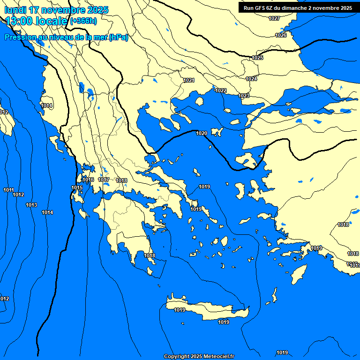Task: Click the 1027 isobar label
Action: [x=274, y=18]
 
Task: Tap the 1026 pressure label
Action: [x=281, y=35]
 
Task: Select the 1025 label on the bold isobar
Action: [x=257, y=58]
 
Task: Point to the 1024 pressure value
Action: [x=251, y=79]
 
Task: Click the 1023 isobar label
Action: [x=244, y=96]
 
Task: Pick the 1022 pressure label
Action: [x=221, y=90]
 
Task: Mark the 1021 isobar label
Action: [x=188, y=80]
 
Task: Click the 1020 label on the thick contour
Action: [x=201, y=133]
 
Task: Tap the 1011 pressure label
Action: [x=8, y=190]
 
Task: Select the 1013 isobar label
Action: [x=31, y=205]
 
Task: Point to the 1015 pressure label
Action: [x=77, y=188]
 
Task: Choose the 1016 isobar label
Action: [x=88, y=180]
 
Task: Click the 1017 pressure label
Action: [x=104, y=180]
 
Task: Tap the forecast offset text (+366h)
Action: [x=83, y=21]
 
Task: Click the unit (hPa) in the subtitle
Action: [x=119, y=37]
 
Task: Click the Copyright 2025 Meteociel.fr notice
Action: [x=199, y=356]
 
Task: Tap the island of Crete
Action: [x=206, y=311]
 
